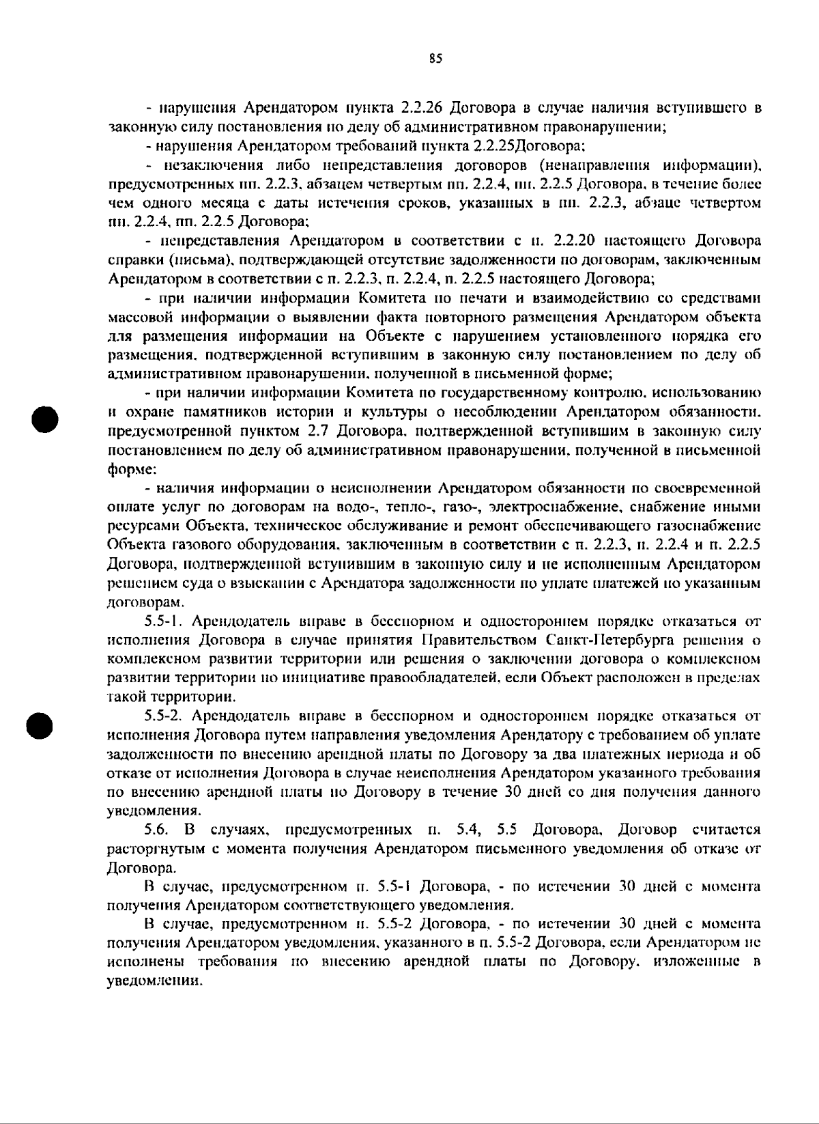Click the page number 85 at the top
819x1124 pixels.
click(436, 59)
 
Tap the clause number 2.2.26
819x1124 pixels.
click(423, 108)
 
